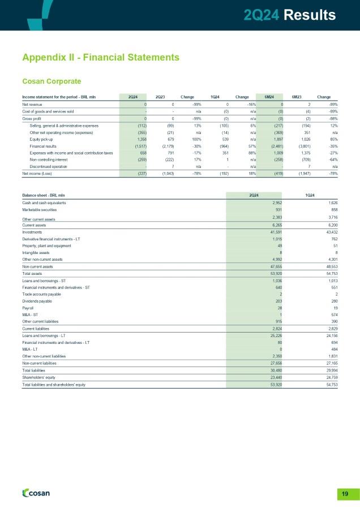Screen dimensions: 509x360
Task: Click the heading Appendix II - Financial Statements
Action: pos(101,57)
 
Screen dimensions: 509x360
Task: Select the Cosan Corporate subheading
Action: pos(52,80)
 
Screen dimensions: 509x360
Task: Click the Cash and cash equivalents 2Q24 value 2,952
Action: pos(276,202)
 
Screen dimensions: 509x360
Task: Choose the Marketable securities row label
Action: pos(42,210)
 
